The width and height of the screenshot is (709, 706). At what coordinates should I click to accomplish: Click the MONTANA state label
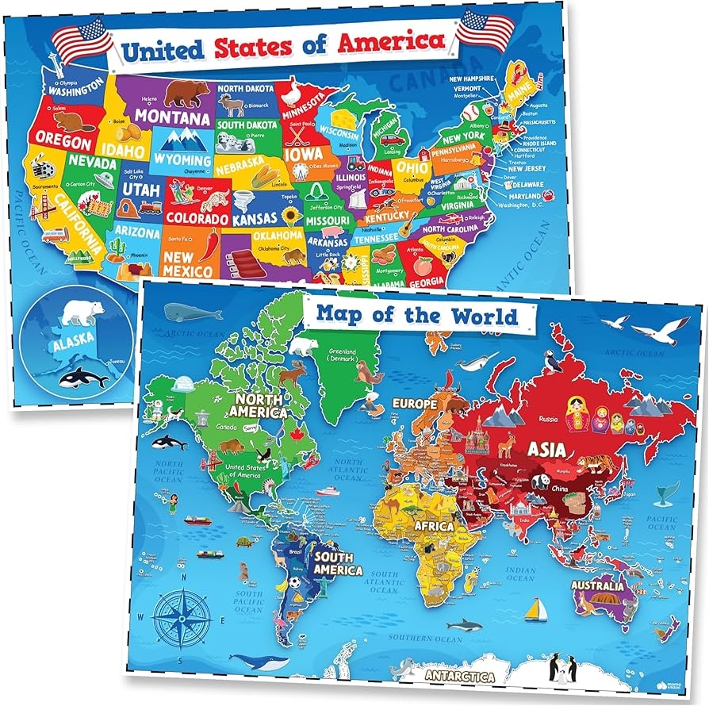(172, 116)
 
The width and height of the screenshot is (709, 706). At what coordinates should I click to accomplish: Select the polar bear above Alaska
(82, 312)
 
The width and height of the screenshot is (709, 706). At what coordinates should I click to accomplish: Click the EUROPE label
(413, 405)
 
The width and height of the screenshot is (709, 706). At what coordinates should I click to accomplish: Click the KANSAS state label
(254, 217)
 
